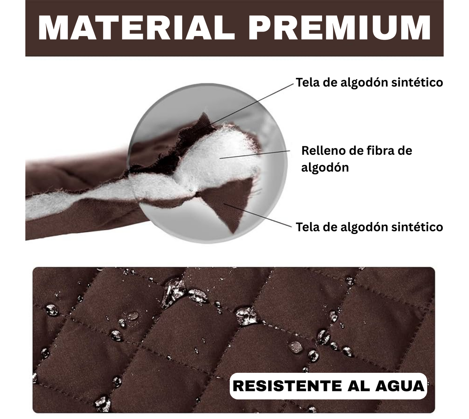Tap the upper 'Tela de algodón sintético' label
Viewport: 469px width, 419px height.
tap(369, 83)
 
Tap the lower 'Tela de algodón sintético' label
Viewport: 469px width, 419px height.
tap(369, 227)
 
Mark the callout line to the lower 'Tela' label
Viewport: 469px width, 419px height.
tap(260, 215)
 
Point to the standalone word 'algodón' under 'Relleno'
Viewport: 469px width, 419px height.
tap(325, 168)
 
